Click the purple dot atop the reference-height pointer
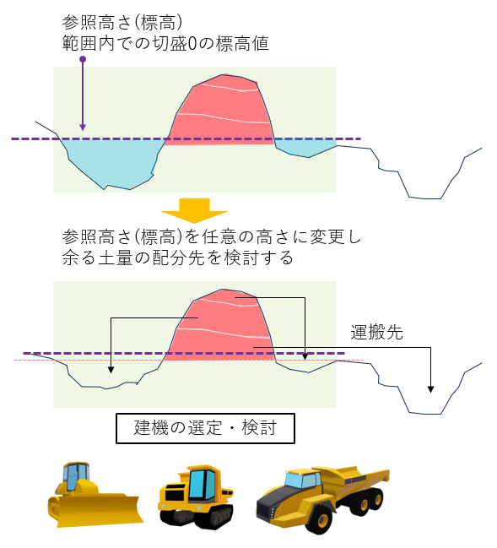click(83, 59)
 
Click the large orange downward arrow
click(194, 211)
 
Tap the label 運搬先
click(376, 332)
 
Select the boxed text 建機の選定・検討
click(205, 428)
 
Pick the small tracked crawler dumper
click(196, 496)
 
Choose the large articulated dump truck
click(322, 499)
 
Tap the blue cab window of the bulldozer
click(75, 476)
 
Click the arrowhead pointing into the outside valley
click(430, 389)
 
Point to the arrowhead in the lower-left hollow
click(111, 370)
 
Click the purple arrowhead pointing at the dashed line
click(83, 128)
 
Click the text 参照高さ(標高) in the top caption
click(122, 23)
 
